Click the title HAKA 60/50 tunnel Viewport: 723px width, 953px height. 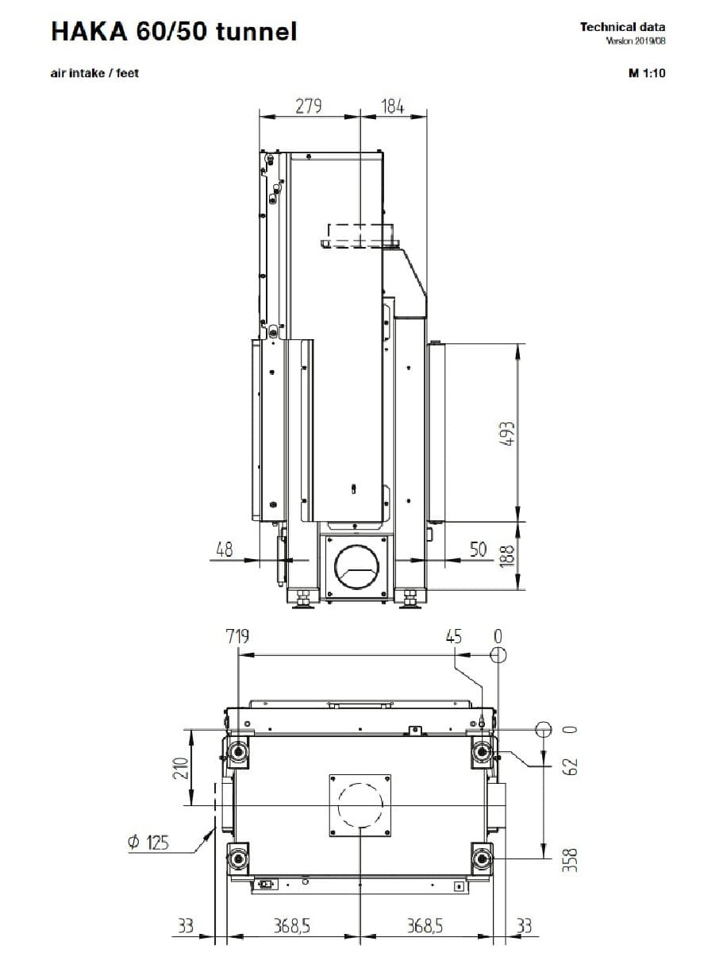[175, 32]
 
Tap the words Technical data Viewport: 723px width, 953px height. [622, 27]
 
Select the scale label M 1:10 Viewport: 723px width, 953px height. [647, 73]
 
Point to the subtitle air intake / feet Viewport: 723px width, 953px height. [94, 73]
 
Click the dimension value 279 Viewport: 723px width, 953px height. [309, 106]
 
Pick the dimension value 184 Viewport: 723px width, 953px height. [393, 106]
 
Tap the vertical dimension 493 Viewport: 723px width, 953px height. [507, 434]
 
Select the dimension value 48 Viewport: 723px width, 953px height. [225, 550]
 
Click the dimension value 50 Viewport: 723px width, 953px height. [478, 550]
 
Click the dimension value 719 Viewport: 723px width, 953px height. [237, 636]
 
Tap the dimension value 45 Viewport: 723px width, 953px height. [454, 637]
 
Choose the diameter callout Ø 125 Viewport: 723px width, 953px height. [148, 842]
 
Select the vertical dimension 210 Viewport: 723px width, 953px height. [181, 768]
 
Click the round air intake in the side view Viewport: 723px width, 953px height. [356, 566]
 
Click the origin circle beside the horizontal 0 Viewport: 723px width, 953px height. [544, 729]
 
